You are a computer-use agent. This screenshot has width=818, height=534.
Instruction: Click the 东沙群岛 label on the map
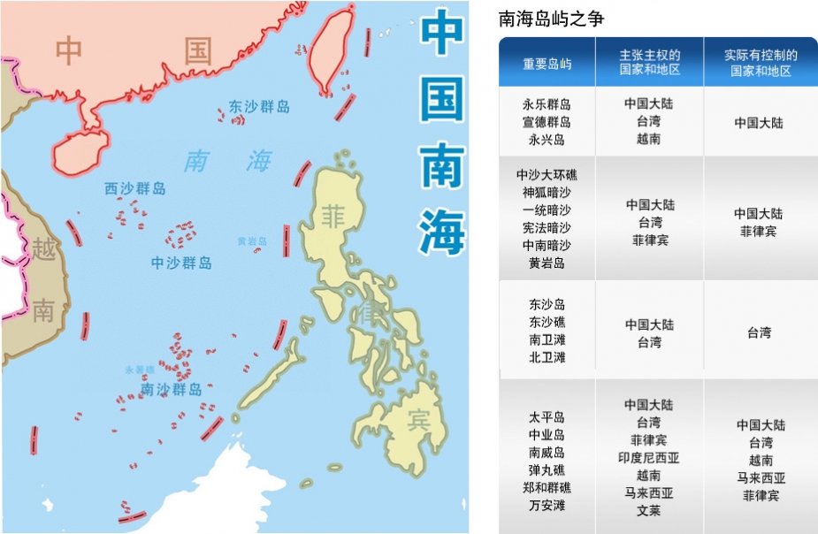click(259, 107)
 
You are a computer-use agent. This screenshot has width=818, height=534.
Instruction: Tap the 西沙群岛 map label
click(134, 188)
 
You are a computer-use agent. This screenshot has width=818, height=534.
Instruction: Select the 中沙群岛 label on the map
click(181, 263)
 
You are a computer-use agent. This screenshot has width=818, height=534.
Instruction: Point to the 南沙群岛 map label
click(172, 389)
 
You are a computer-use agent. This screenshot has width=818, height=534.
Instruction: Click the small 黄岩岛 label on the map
click(252, 240)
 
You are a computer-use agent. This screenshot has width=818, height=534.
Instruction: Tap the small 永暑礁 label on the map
click(139, 370)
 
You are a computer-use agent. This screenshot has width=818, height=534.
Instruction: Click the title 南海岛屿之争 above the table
click(552, 19)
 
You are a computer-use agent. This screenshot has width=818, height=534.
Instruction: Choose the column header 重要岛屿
click(547, 64)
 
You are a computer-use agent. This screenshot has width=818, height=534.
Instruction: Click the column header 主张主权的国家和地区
click(650, 63)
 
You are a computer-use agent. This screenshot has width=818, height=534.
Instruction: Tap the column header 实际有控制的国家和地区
click(761, 63)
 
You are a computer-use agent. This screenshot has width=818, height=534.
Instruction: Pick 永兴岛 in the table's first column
click(547, 140)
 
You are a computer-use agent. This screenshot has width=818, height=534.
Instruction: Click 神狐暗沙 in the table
click(547, 193)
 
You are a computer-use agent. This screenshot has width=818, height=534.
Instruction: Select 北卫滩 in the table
click(547, 357)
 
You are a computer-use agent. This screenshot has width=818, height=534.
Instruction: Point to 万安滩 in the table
click(547, 506)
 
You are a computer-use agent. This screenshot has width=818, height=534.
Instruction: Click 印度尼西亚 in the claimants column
click(649, 458)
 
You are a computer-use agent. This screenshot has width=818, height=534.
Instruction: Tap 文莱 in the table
click(649, 511)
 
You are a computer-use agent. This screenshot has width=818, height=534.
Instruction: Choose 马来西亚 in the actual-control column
click(761, 477)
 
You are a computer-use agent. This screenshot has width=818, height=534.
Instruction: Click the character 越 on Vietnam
click(43, 248)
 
